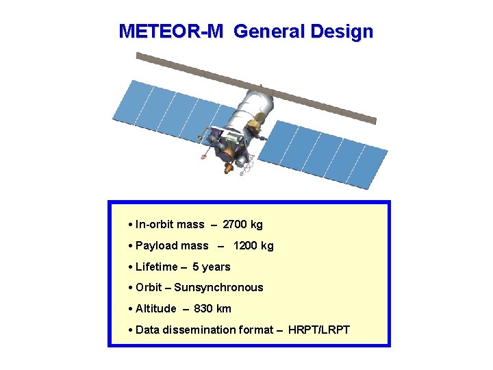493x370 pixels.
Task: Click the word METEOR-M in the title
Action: coord(170,32)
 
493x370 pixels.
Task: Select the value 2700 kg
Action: coord(242,225)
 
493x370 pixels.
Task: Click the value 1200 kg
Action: coord(253,246)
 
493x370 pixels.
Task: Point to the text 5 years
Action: coord(211,267)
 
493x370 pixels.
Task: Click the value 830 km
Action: coord(212,309)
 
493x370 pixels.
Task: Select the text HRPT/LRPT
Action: coord(318,330)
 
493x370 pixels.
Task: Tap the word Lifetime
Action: coord(156,267)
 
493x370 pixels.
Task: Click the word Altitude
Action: coord(155,309)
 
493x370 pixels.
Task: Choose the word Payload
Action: coord(155,246)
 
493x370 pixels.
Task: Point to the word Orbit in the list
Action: coord(149,288)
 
